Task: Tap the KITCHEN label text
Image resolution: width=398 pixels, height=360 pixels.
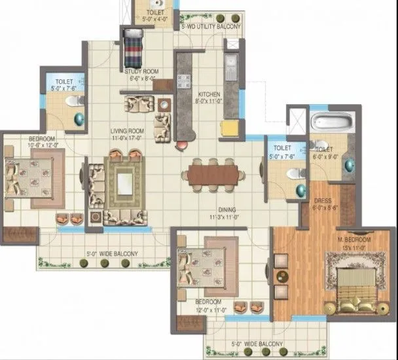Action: coord(209,94)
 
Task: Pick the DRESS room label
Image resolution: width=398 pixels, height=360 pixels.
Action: coord(322,201)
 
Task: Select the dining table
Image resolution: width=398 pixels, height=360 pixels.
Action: coord(213,173)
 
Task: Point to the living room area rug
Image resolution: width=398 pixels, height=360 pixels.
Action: coord(124,181)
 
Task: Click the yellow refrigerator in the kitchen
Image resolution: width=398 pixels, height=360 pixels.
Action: coord(229,127)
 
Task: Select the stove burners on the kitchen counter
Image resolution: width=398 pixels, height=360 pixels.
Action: coord(183,81)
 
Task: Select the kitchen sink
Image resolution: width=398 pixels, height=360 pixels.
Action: coord(231,65)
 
